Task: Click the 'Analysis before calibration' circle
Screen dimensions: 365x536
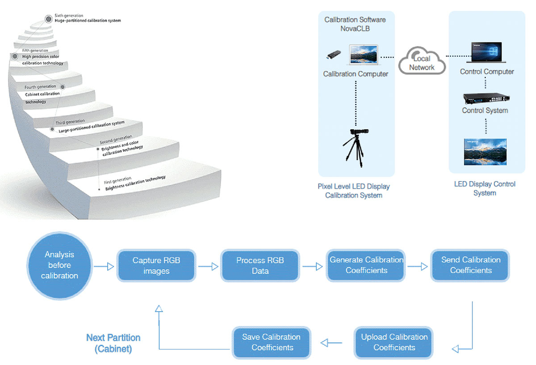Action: pyautogui.click(x=59, y=265)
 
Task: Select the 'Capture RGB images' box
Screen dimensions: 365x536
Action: pyautogui.click(x=156, y=266)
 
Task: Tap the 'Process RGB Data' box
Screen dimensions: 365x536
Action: pyautogui.click(x=260, y=266)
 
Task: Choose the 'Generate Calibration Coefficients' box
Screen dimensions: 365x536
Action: pyautogui.click(x=366, y=265)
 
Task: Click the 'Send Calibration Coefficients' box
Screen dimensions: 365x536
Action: pyautogui.click(x=470, y=265)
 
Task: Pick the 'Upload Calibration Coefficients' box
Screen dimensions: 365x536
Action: pyautogui.click(x=394, y=343)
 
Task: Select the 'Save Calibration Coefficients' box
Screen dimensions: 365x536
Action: pyautogui.click(x=272, y=342)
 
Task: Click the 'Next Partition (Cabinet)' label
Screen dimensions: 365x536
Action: pyautogui.click(x=113, y=343)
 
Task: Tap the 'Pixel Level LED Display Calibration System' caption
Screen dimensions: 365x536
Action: pyautogui.click(x=354, y=191)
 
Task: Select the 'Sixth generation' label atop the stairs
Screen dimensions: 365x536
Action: pyautogui.click(x=68, y=16)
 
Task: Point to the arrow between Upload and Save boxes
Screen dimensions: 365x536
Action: pyautogui.click(x=331, y=343)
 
